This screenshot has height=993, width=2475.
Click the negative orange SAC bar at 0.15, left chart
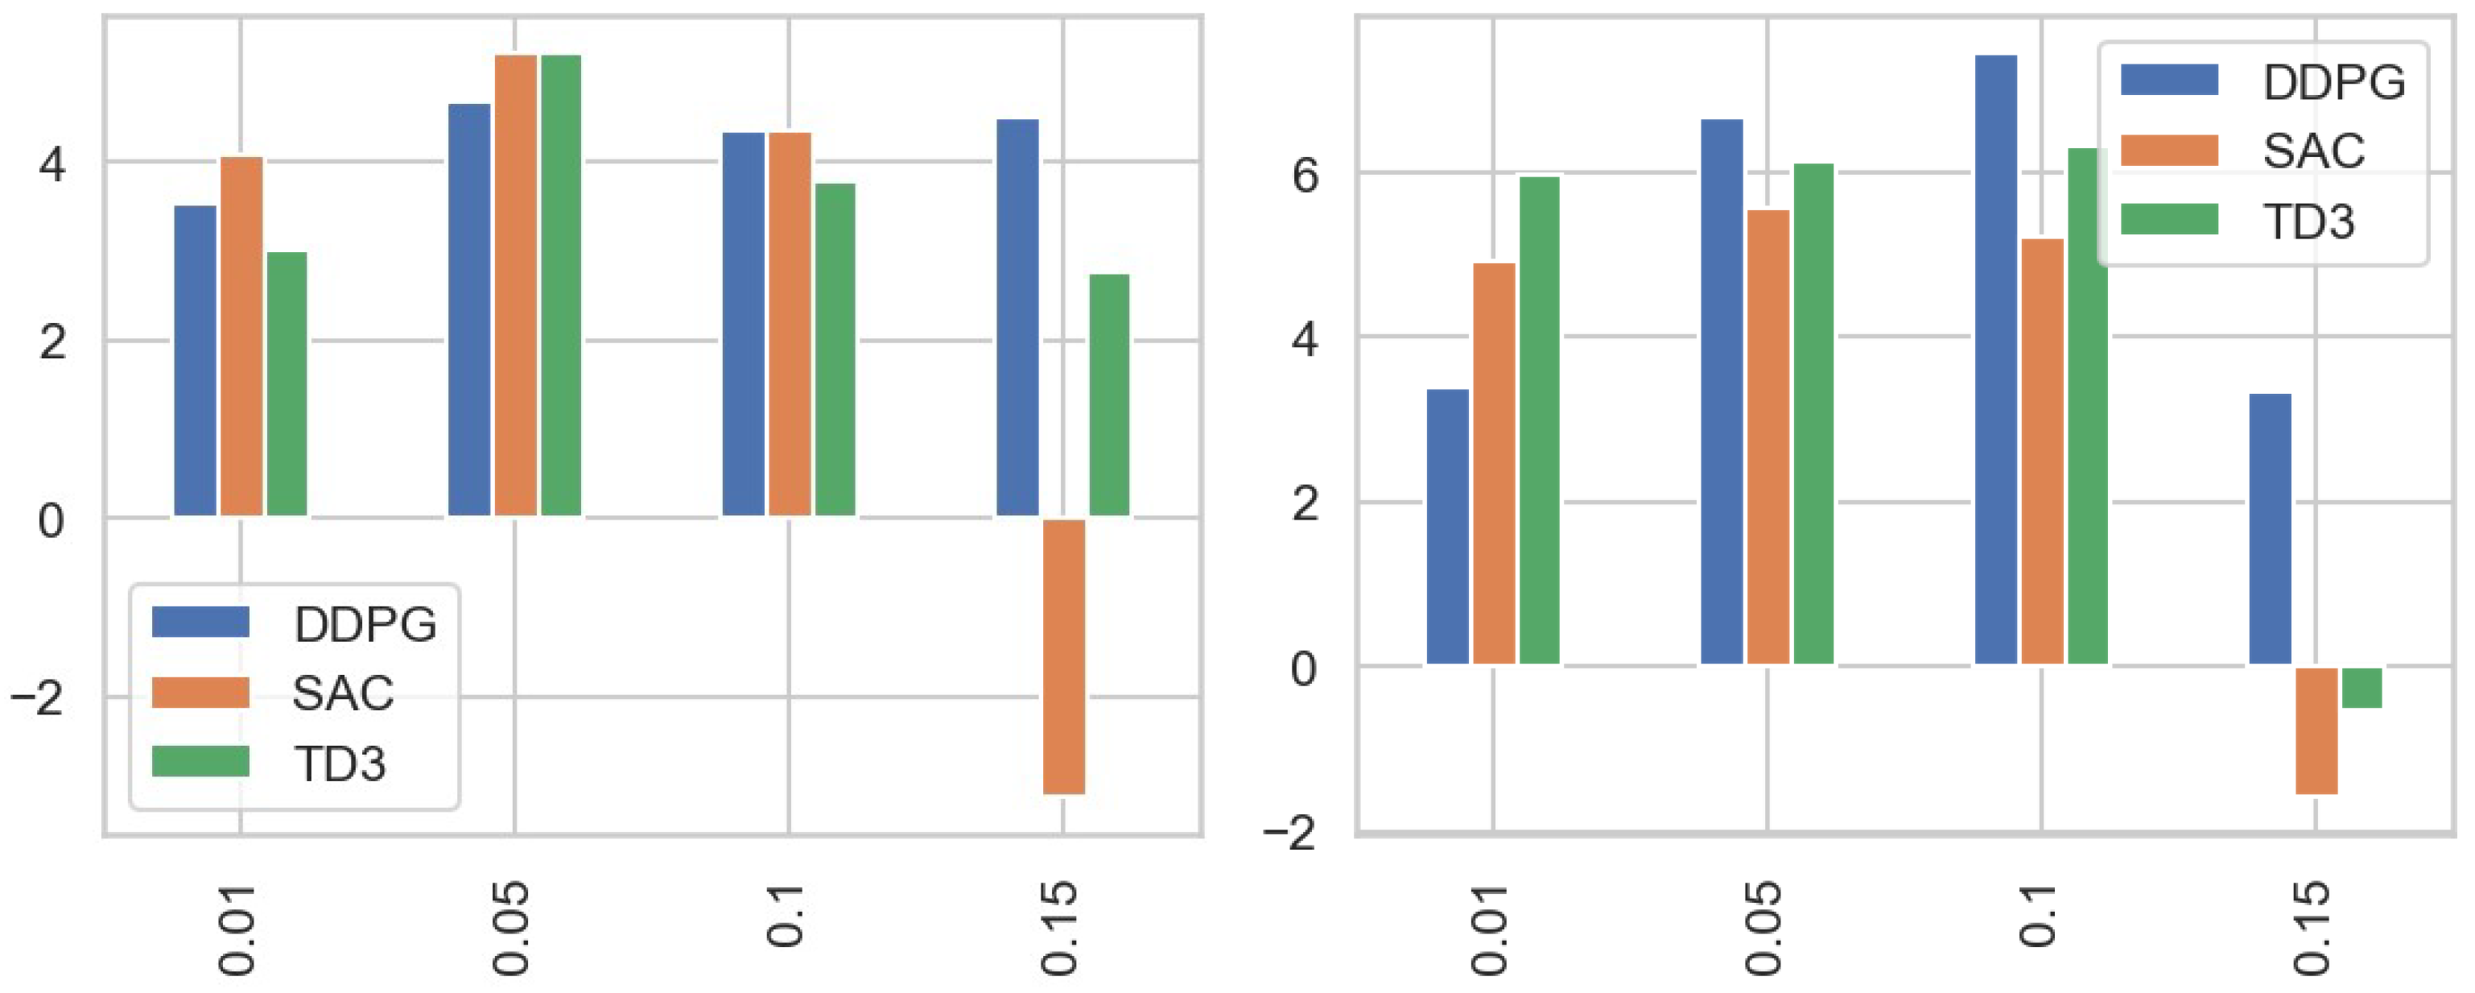[1063, 656]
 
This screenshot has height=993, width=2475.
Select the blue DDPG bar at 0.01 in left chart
[195, 361]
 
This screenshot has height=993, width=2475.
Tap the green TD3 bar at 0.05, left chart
[561, 286]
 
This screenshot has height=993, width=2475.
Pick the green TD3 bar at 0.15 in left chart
[1110, 395]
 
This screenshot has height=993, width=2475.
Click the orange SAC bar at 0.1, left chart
[790, 324]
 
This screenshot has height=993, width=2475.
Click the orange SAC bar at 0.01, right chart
[1494, 463]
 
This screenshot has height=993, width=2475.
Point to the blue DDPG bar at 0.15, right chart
[2271, 528]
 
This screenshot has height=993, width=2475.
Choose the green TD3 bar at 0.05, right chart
[1814, 413]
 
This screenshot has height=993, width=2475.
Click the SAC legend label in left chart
[343, 694]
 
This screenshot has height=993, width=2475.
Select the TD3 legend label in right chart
[2308, 222]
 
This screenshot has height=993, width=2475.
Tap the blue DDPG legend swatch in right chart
[2169, 81]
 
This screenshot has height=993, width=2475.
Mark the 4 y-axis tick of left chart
[51, 164]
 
